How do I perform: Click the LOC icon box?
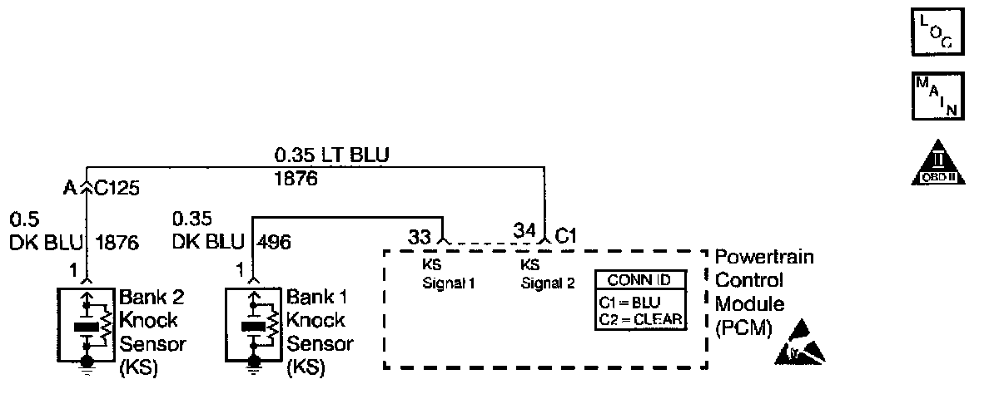[x=937, y=31]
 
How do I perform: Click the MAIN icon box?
[x=937, y=96]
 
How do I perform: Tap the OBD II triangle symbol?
[x=937, y=162]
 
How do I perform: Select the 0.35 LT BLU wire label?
[x=332, y=155]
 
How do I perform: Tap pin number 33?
[x=419, y=235]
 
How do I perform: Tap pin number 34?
[x=524, y=229]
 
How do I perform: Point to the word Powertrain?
[x=764, y=258]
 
